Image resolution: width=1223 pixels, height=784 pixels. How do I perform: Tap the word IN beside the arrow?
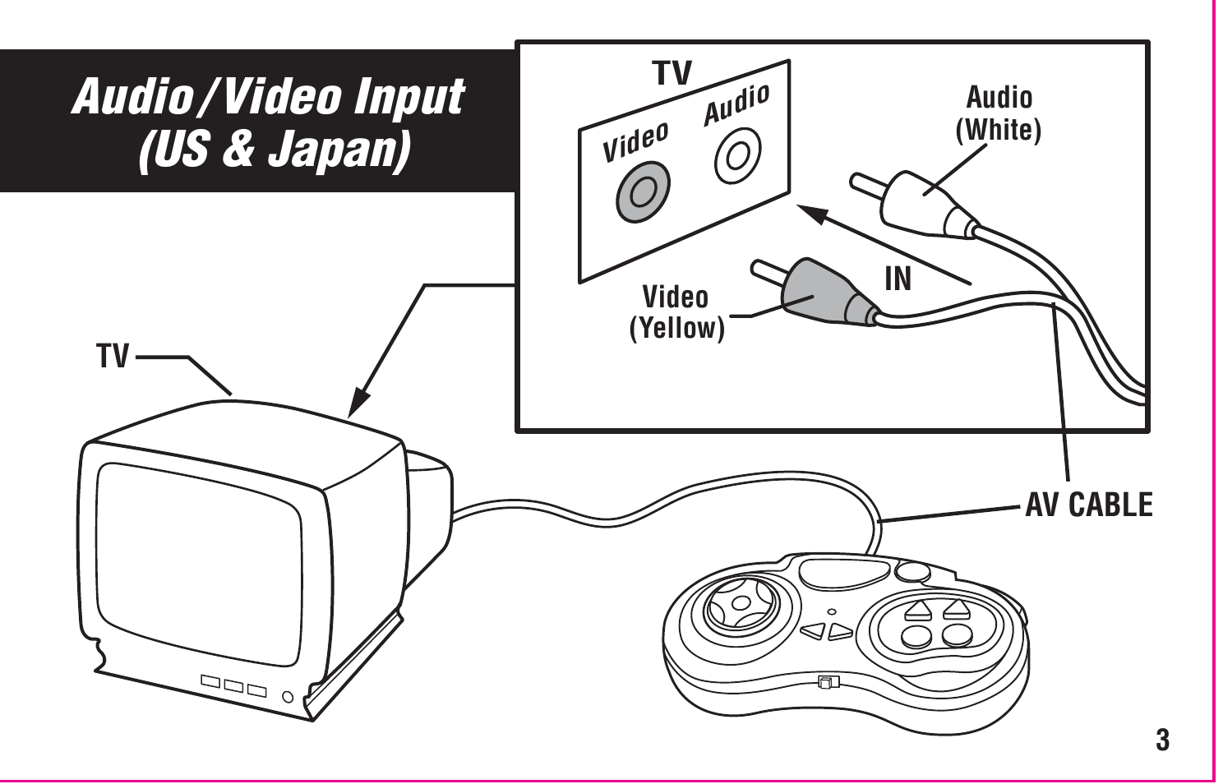click(x=898, y=279)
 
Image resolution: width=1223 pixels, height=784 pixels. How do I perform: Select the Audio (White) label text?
click(x=999, y=113)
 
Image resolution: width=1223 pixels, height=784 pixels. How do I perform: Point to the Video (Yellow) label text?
click(x=676, y=312)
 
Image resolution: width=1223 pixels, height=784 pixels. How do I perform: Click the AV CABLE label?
click(x=1089, y=505)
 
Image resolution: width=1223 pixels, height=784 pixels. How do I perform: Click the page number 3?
click(x=1162, y=740)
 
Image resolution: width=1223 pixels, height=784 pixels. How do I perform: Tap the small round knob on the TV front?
click(x=288, y=698)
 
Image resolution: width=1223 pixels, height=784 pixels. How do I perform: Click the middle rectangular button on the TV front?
click(x=233, y=685)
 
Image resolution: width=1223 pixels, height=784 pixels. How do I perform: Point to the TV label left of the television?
click(x=113, y=357)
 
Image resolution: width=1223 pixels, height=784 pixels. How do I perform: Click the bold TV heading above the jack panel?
click(x=672, y=73)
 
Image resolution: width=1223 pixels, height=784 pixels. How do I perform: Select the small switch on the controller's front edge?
click(x=826, y=681)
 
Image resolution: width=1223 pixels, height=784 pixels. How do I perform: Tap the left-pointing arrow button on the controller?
click(x=812, y=631)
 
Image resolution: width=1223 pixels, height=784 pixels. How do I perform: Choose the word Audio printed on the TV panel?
click(x=736, y=104)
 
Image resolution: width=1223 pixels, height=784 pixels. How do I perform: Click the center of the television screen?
click(x=200, y=563)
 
